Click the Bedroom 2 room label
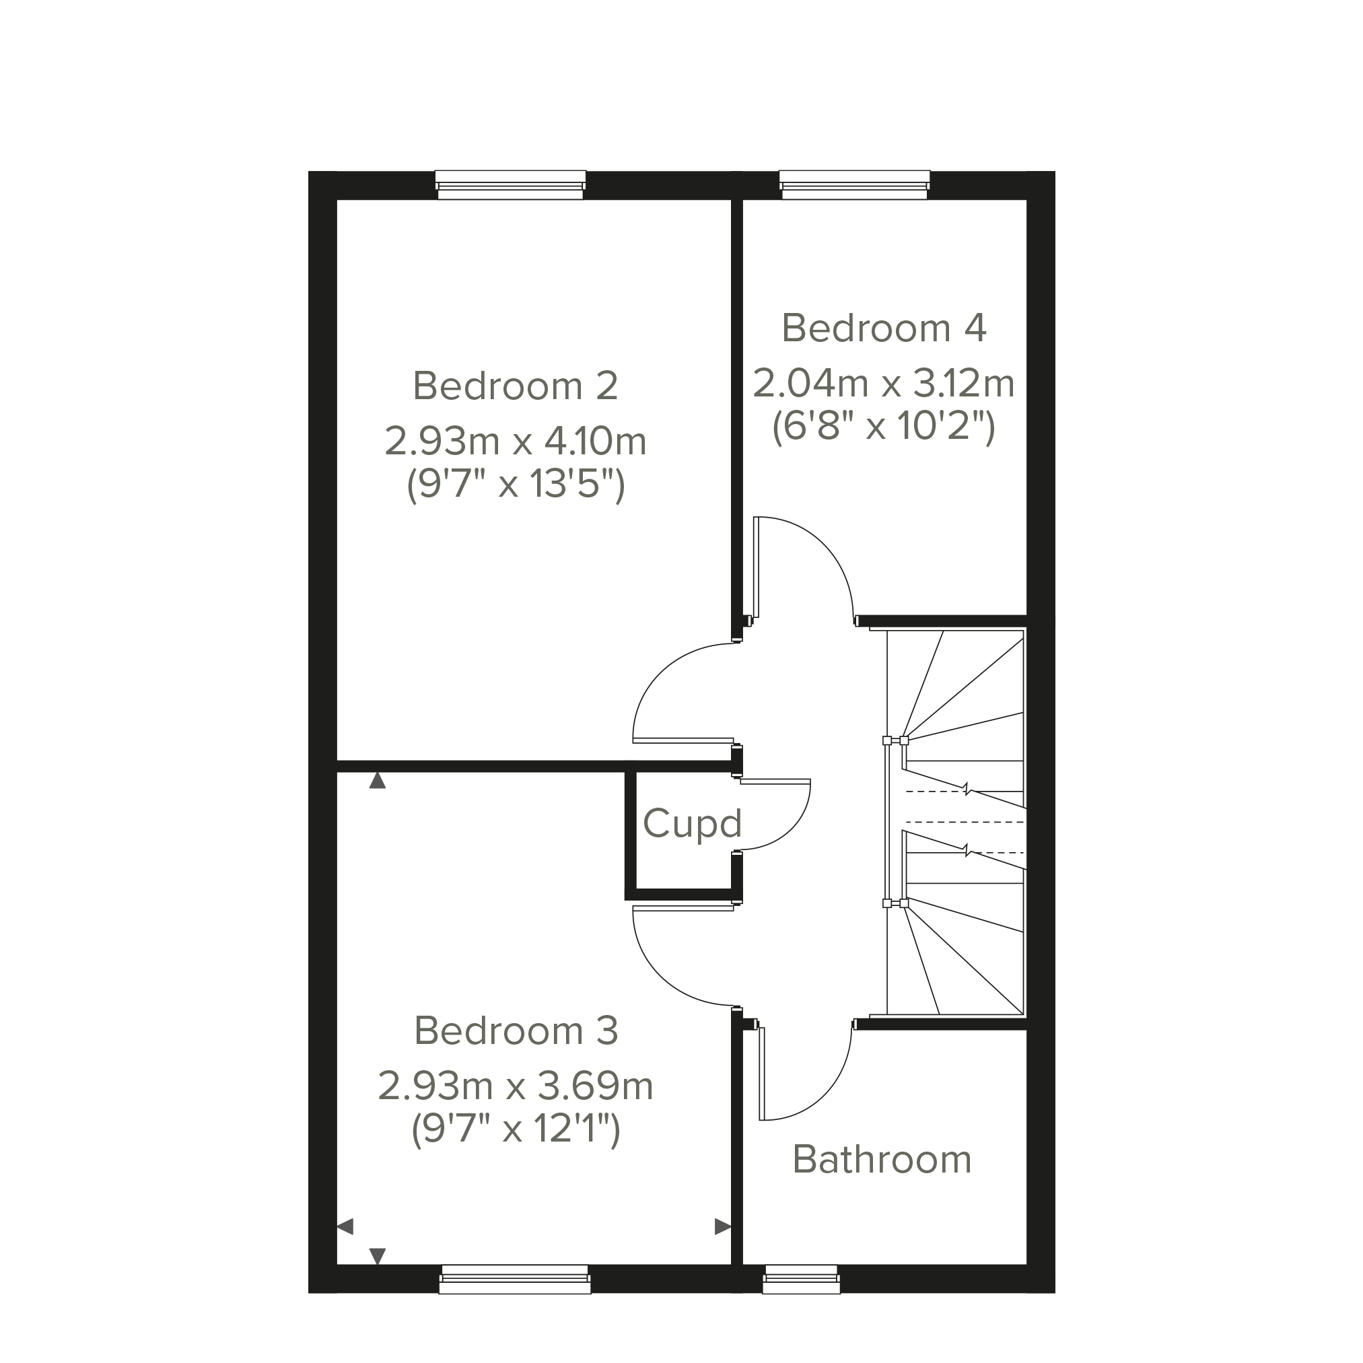(x=516, y=386)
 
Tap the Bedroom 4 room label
(x=884, y=328)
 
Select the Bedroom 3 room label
(x=516, y=1030)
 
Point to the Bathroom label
(x=882, y=1159)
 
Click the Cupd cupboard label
(x=692, y=824)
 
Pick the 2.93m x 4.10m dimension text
(x=516, y=442)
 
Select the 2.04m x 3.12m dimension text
(x=884, y=384)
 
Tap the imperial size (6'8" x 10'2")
(x=884, y=426)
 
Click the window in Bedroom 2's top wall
(x=511, y=185)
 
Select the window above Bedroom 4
(x=854, y=185)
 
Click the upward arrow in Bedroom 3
(x=378, y=780)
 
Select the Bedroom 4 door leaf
(x=757, y=567)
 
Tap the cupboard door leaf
(x=775, y=781)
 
